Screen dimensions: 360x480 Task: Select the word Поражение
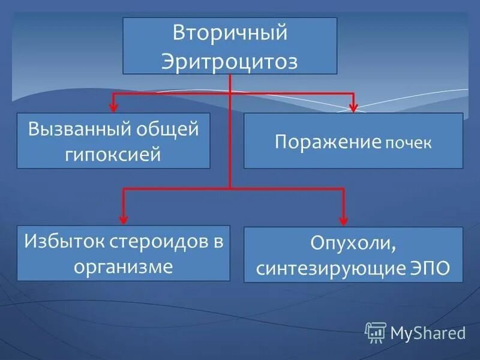328,142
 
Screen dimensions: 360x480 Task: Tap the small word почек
408,144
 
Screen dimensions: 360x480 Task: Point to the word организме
123,266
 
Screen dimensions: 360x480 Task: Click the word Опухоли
353,244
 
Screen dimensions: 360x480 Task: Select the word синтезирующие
325,268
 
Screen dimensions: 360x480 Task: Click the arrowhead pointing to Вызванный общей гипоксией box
112,108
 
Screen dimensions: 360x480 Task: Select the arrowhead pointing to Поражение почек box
353,108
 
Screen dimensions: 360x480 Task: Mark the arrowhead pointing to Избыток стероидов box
123,220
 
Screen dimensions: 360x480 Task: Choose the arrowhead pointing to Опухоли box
344,221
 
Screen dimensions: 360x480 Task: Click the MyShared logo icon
376,332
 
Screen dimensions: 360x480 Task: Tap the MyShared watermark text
428,332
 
